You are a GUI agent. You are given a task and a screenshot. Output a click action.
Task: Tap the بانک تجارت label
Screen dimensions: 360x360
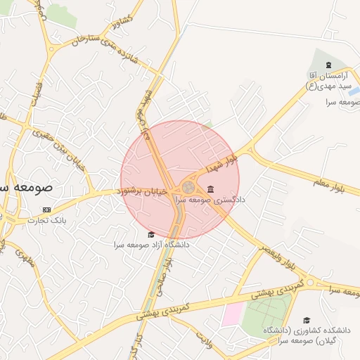(x=46, y=220)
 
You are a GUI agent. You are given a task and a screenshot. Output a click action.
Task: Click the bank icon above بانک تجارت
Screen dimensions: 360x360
(x=47, y=210)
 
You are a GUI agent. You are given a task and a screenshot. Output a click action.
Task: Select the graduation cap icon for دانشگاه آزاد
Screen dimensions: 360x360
(x=150, y=235)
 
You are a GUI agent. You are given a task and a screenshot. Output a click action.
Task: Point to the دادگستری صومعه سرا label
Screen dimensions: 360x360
(x=211, y=200)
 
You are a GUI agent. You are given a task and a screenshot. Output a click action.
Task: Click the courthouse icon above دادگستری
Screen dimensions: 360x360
(x=211, y=189)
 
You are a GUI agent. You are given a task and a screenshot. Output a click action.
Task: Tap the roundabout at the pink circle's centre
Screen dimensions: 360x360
(x=188, y=188)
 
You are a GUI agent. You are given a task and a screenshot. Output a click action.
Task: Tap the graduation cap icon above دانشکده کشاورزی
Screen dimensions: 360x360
(x=306, y=320)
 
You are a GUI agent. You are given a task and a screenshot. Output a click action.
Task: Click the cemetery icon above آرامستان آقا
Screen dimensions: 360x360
(x=328, y=66)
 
